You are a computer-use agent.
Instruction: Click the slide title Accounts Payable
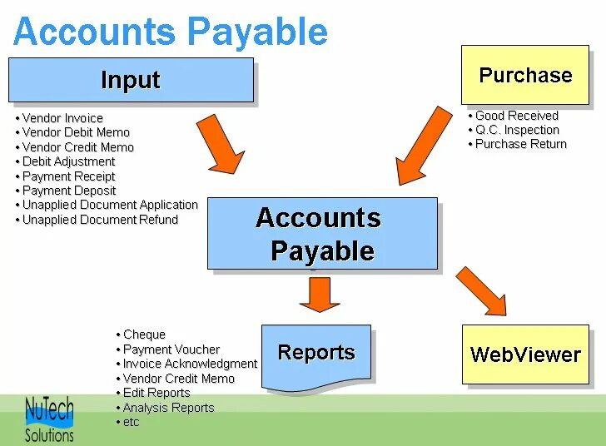coord(171,32)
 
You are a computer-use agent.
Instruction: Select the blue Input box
coord(131,80)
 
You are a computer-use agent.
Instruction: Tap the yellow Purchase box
coord(525,75)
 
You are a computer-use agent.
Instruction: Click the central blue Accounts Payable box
coord(321,234)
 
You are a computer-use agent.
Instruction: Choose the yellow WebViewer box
coord(525,354)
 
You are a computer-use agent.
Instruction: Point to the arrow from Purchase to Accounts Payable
coord(426,145)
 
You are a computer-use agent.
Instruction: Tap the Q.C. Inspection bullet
coord(517,130)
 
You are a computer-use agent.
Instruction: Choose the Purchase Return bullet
coord(520,144)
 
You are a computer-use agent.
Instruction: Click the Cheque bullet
coord(144,334)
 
